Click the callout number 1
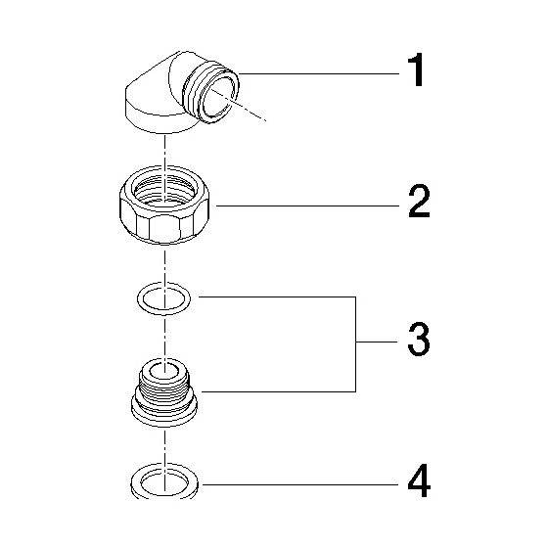pyautogui.click(x=416, y=70)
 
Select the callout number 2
pyautogui.click(x=419, y=202)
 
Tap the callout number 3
pyautogui.click(x=419, y=340)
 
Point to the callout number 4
pyautogui.click(x=419, y=480)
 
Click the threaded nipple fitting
pyautogui.click(x=164, y=391)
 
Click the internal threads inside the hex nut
pyautogui.click(x=164, y=191)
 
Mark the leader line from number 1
pyautogui.click(x=319, y=73)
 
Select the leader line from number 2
pyautogui.click(x=307, y=205)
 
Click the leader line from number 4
pyautogui.click(x=300, y=484)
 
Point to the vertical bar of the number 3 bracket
pyautogui.click(x=356, y=344)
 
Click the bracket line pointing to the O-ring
pyautogui.click(x=277, y=297)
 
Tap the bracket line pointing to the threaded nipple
pyautogui.click(x=279, y=391)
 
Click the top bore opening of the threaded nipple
pyautogui.click(x=164, y=370)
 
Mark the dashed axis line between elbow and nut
pyautogui.click(x=164, y=151)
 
